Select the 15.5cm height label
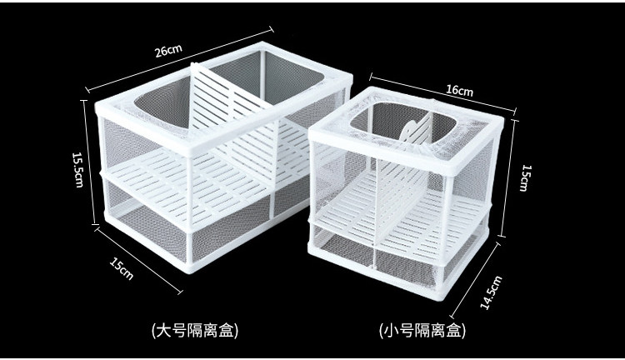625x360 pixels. click(77, 168)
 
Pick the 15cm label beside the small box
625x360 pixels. click(525, 177)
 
